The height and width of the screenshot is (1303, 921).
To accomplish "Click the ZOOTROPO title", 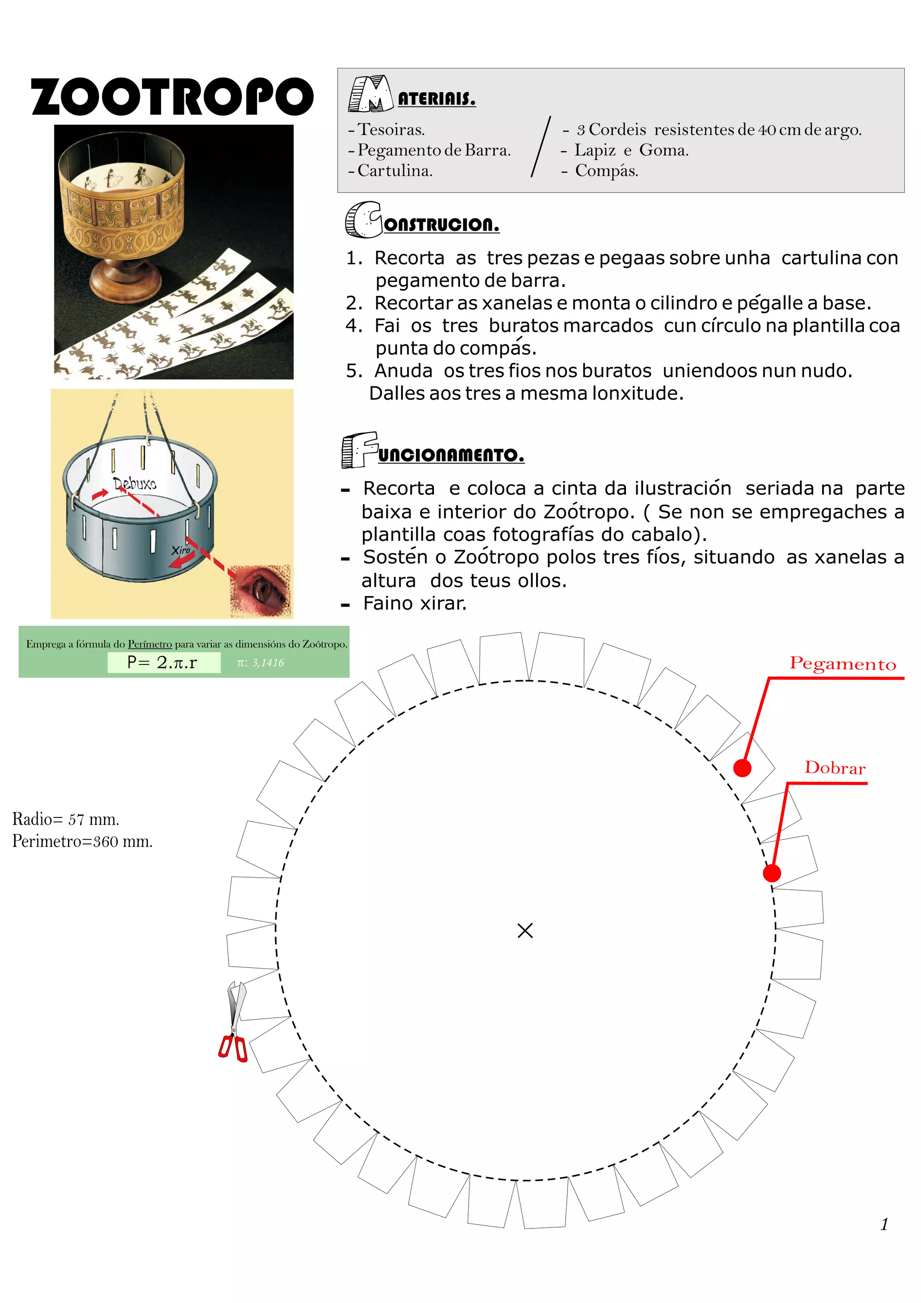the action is (172, 97).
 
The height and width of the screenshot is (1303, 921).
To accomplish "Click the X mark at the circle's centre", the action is (525, 930).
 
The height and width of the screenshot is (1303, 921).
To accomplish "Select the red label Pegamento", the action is (842, 664).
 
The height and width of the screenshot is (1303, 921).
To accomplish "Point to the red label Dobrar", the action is (835, 768).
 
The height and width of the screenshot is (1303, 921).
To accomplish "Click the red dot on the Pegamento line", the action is (742, 768).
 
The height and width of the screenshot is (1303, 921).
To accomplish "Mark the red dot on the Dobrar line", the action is (772, 873).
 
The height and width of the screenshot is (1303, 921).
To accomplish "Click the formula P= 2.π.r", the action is (163, 662).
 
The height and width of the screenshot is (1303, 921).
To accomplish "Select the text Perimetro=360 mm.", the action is (83, 841).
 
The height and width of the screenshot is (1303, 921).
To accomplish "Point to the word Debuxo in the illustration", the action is (135, 483).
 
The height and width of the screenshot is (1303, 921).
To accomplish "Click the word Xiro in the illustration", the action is (180, 550).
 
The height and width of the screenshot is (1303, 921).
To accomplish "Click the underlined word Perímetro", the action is (150, 644).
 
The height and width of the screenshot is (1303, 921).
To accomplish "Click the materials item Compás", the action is (606, 171).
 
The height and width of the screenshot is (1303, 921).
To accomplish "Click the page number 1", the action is (884, 1224).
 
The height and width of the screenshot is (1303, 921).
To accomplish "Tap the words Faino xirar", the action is (414, 603).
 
